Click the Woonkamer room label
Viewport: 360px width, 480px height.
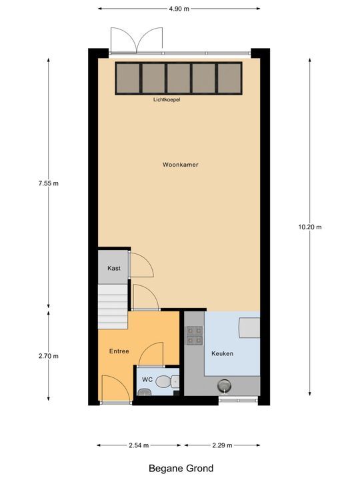coord(180,165)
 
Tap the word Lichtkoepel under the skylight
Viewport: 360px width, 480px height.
coord(166,100)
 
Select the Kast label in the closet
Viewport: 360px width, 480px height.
coord(114,268)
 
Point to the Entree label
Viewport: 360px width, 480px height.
coord(119,351)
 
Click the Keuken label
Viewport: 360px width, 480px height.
coord(222,353)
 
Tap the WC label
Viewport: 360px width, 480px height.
coord(147,379)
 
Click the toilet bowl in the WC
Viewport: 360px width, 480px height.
coord(173,381)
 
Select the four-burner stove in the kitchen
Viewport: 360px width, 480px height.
coord(194,335)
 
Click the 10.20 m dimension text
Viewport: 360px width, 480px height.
coord(310,227)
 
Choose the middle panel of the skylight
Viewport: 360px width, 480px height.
coord(179,78)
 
